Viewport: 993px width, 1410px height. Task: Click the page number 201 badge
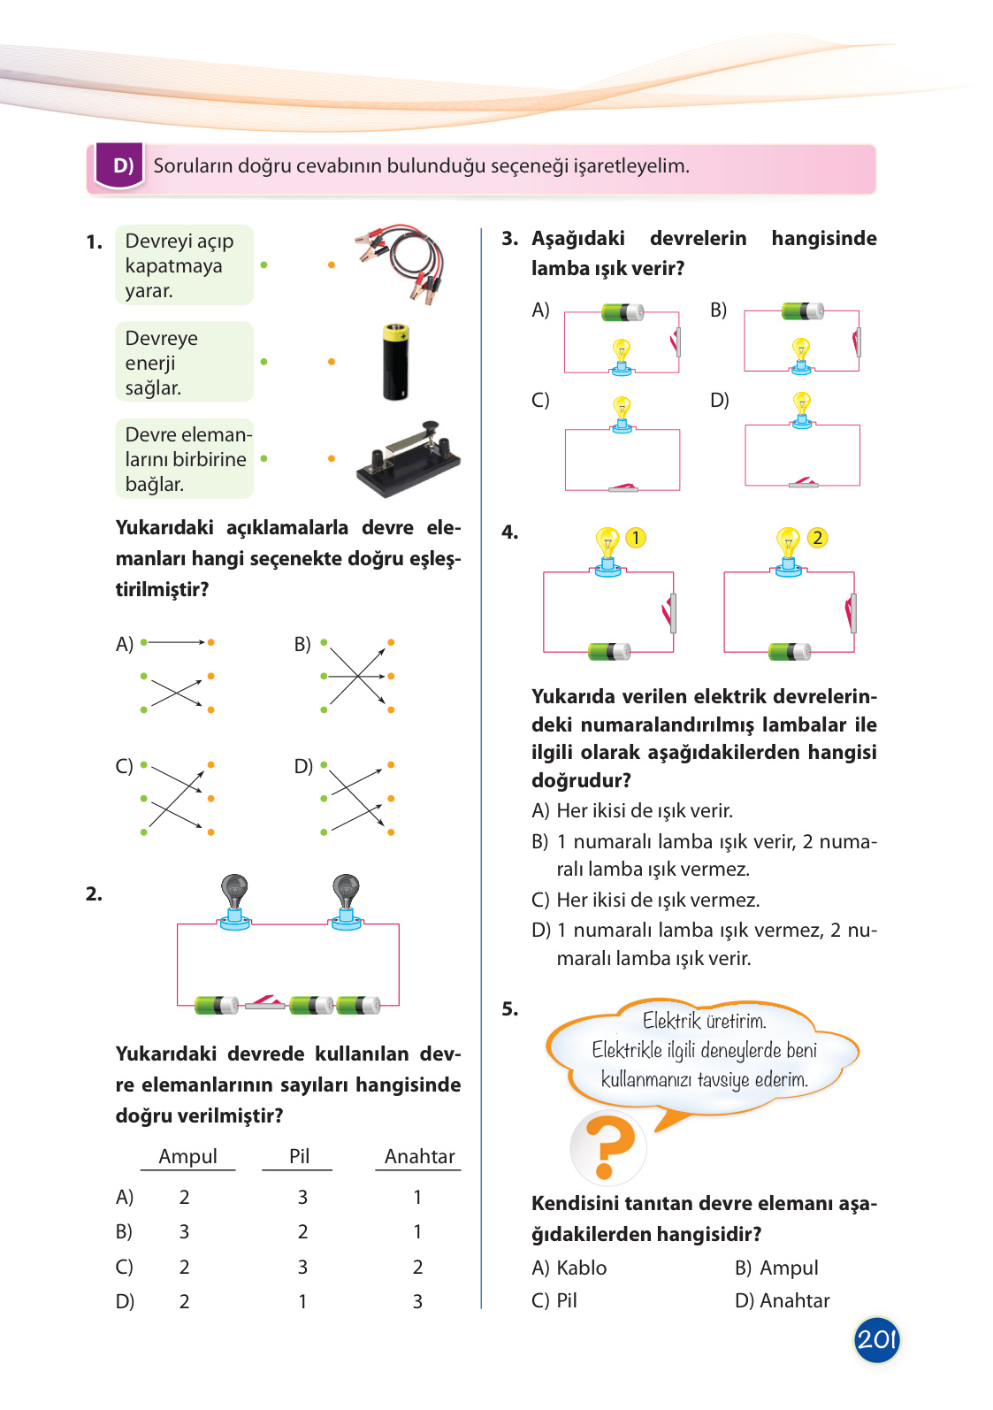tap(876, 1339)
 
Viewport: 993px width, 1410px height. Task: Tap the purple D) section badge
tap(120, 165)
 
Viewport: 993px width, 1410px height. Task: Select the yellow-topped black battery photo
tap(395, 362)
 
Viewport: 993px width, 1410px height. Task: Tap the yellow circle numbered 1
tap(635, 538)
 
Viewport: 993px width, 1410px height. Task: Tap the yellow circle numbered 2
tap(817, 538)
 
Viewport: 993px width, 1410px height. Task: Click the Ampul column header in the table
tap(187, 1156)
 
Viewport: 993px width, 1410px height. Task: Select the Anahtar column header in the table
tap(419, 1156)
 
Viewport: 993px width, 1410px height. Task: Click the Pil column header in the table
tap(299, 1156)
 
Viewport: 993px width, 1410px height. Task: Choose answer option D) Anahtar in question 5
tap(782, 1300)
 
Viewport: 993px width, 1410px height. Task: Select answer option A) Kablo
tap(569, 1268)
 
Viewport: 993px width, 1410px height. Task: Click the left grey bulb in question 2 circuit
tap(234, 898)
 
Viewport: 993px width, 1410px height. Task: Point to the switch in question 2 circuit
tap(264, 1002)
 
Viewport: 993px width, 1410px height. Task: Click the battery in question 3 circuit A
tap(623, 312)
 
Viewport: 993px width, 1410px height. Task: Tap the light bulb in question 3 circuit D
tap(802, 409)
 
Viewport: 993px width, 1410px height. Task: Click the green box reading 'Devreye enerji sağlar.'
tap(184, 363)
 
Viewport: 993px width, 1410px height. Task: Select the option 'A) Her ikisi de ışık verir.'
tap(632, 810)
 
